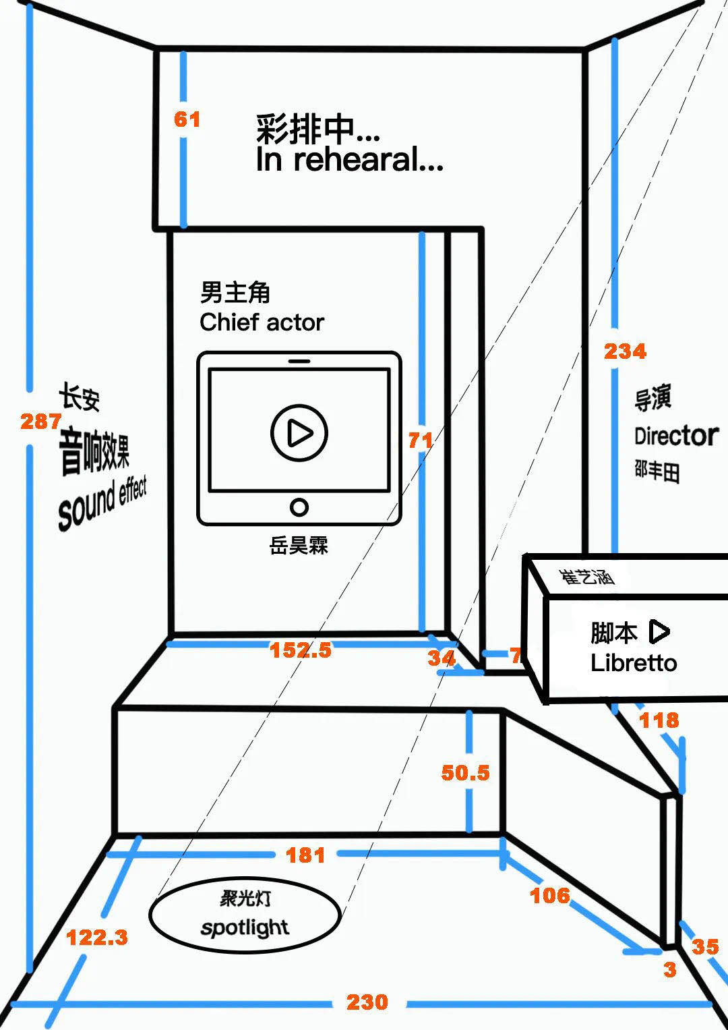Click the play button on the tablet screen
[x=299, y=432]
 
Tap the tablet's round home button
[x=299, y=507]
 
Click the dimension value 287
[x=40, y=422]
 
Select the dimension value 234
[x=625, y=351]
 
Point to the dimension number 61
[x=187, y=119]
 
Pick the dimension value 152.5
[x=301, y=650]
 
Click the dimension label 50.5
[x=465, y=772]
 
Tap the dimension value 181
[x=305, y=855]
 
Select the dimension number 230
[x=367, y=1002]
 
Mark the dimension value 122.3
[x=97, y=937]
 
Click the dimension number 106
[x=550, y=895]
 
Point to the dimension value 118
[x=659, y=720]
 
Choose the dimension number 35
[x=705, y=946]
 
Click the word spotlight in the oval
[x=245, y=928]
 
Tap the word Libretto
[x=634, y=663]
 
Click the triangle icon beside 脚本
[x=659, y=632]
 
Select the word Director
[x=676, y=436]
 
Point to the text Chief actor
[x=262, y=322]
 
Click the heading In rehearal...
[x=349, y=161]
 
